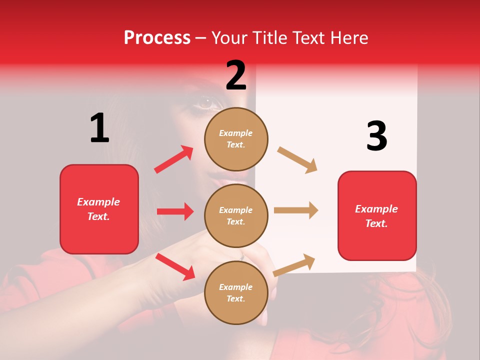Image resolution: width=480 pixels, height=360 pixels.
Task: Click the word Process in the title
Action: [x=157, y=37]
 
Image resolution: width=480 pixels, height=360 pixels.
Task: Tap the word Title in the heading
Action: [x=271, y=37]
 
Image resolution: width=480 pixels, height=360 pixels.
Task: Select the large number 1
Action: [x=99, y=128]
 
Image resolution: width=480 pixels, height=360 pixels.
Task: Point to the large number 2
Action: [x=236, y=75]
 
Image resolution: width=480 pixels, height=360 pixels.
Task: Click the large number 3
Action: [x=376, y=136]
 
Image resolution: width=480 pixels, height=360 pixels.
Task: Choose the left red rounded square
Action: [x=99, y=209]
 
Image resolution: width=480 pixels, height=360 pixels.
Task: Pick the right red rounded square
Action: [x=377, y=215]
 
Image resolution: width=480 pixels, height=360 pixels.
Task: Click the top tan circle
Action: [x=236, y=138]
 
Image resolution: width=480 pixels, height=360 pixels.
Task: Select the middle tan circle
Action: [x=236, y=215]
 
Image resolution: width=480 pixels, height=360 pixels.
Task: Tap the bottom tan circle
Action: [x=236, y=292]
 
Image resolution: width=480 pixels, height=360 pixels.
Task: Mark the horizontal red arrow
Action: [x=175, y=211]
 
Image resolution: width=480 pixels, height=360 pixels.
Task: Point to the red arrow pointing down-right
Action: [x=175, y=266]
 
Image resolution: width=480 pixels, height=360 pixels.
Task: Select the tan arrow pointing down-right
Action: [x=297, y=159]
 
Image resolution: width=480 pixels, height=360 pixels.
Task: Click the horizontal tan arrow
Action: [x=296, y=210]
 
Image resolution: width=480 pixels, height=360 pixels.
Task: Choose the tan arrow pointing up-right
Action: [x=294, y=265]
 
